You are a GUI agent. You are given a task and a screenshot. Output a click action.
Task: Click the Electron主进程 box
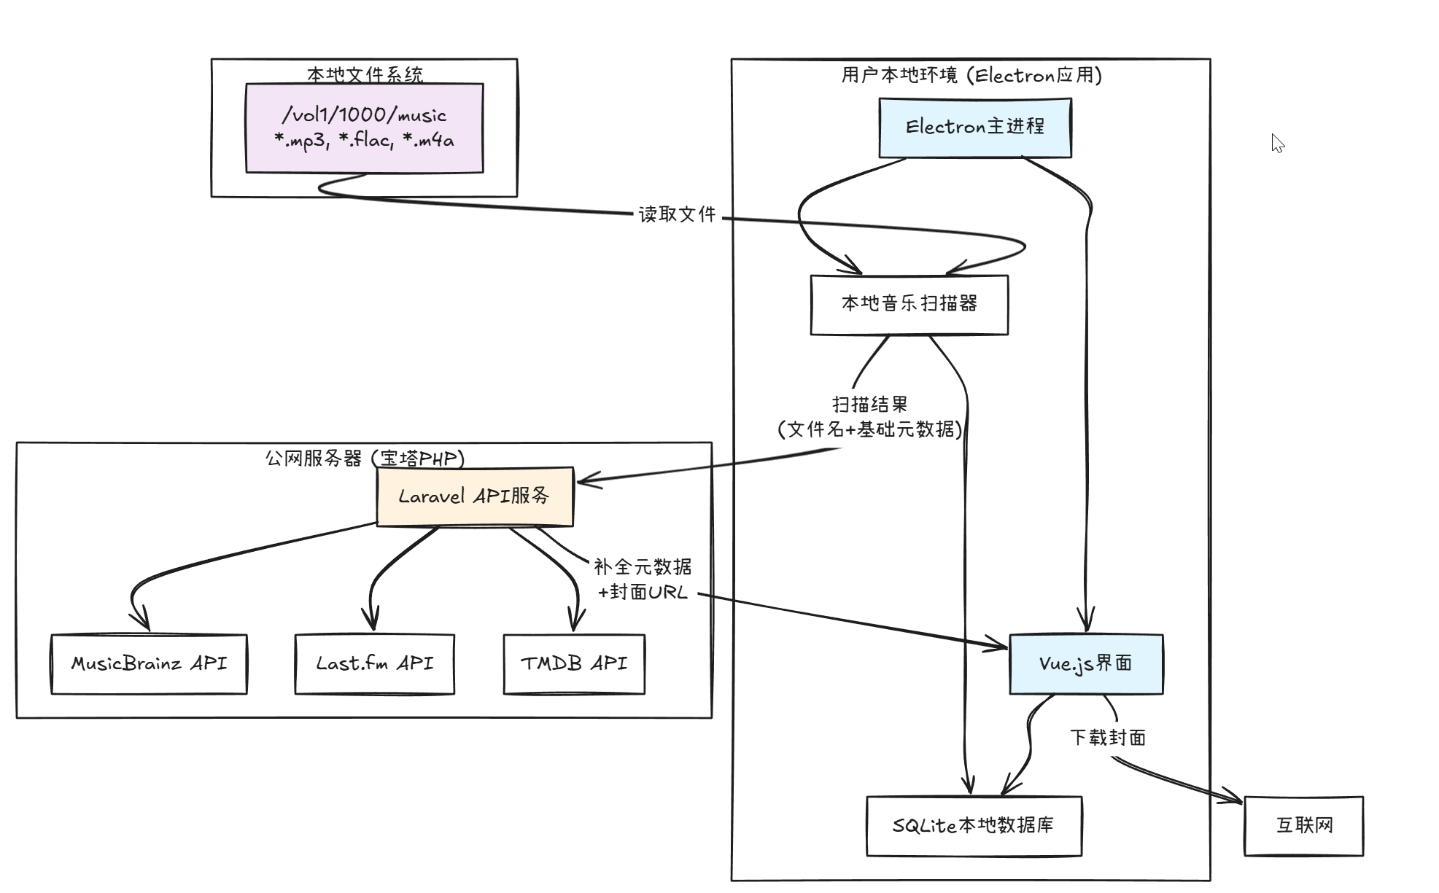pos(974,128)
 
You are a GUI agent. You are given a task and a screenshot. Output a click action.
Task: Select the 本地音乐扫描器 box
pos(909,304)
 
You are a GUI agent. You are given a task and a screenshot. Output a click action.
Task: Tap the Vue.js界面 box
pos(1085,663)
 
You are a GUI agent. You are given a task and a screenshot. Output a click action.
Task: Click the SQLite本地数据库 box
pos(974,826)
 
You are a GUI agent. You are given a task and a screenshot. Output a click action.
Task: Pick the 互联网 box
pos(1303,826)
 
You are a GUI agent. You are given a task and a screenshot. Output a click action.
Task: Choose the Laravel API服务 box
pos(474,496)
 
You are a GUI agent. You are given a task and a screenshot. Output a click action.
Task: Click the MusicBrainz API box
pos(149,664)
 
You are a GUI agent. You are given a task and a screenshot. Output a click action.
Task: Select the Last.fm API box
pos(374,664)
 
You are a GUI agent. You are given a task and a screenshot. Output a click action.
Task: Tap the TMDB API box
pos(574,664)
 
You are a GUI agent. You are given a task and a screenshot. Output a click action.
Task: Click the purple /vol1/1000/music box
pos(364,128)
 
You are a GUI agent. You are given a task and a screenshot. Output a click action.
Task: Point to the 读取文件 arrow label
pos(677,214)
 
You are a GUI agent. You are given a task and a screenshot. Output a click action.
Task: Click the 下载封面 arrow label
pos(1107,738)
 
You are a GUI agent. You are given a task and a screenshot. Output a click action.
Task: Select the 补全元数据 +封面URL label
pos(643,579)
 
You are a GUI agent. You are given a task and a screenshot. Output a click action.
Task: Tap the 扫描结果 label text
pos(869,405)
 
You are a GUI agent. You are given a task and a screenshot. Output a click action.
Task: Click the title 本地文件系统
pos(364,74)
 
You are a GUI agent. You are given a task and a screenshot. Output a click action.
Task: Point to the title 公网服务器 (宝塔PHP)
pos(364,459)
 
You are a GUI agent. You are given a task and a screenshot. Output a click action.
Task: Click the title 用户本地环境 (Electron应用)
pos(971,75)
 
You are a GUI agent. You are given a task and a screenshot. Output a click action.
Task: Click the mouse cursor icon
pos(1277,143)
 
